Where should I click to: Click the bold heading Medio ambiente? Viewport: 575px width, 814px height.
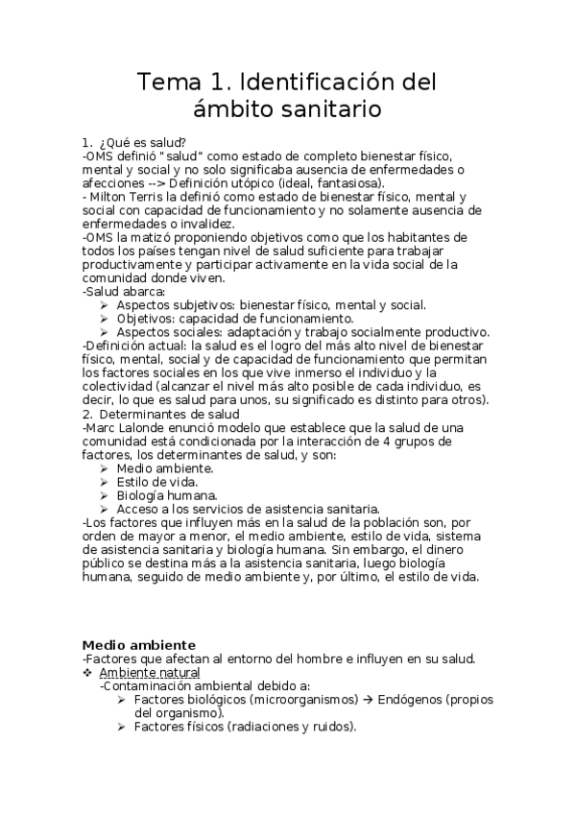coord(139,644)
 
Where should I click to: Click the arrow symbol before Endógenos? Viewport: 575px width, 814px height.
coord(368,700)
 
